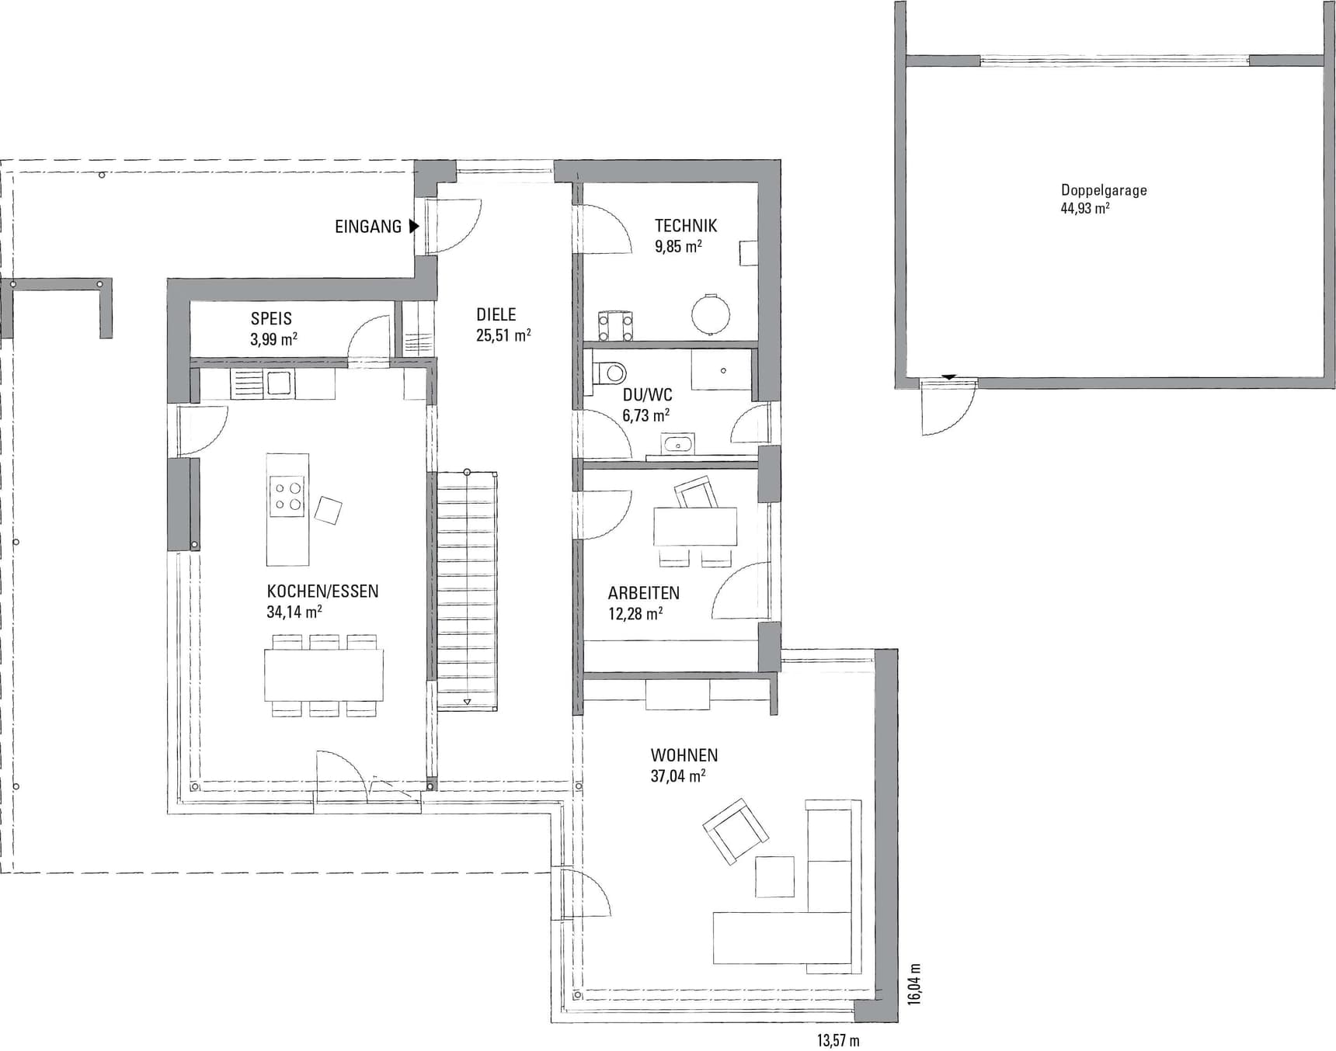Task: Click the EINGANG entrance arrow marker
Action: pos(414,227)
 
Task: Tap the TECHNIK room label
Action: pos(686,226)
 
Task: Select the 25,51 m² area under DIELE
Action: pos(503,335)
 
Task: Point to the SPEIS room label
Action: pos(271,318)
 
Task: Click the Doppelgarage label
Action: pos(1104,190)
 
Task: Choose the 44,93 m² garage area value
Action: pos(1085,208)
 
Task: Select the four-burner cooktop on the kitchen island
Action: pos(287,496)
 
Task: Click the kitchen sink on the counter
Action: pos(278,383)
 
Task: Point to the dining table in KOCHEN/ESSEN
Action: pos(323,675)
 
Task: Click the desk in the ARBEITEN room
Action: pos(695,526)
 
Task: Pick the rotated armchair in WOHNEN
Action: pos(736,831)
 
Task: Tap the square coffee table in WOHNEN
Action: pos(774,876)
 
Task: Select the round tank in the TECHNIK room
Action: pos(711,314)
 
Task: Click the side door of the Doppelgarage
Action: pos(948,407)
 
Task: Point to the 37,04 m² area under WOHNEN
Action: pos(678,775)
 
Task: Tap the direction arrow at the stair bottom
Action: pos(467,702)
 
